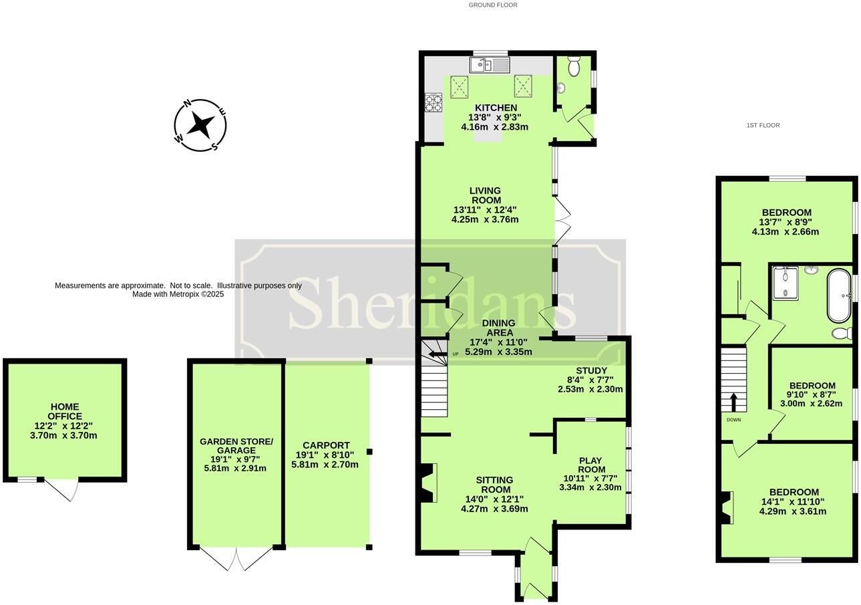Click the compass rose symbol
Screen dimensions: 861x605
click(200, 125)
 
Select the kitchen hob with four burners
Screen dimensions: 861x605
click(434, 103)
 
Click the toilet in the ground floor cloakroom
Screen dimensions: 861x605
click(574, 66)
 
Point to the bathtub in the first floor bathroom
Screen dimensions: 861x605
click(839, 296)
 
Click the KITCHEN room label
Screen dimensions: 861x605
click(496, 108)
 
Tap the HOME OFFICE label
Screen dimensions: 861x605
click(65, 412)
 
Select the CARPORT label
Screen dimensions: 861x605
click(326, 445)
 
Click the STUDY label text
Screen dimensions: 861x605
click(591, 370)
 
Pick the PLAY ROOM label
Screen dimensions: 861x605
click(592, 465)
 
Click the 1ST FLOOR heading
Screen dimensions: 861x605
click(763, 126)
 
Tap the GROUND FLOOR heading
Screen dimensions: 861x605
click(493, 5)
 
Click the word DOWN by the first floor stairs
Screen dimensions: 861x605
click(733, 420)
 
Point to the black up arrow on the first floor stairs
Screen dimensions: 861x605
click(733, 402)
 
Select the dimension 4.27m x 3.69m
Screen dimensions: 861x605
click(494, 509)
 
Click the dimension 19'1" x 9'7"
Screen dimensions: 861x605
click(235, 459)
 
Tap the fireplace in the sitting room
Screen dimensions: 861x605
click(427, 483)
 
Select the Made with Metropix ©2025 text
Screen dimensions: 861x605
click(178, 294)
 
